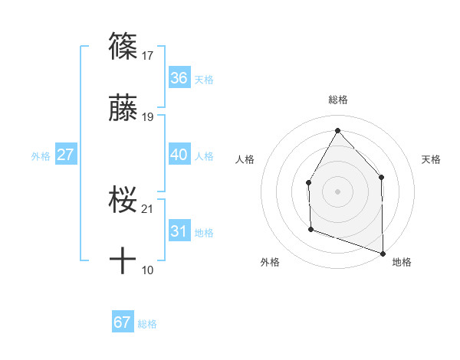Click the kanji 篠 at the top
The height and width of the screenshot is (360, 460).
tap(123, 47)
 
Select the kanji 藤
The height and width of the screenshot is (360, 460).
tap(123, 109)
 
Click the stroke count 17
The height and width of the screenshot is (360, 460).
tap(148, 56)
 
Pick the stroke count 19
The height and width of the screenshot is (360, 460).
tap(148, 117)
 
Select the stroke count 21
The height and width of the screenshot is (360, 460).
tap(148, 209)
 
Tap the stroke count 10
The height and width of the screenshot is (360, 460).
tap(148, 270)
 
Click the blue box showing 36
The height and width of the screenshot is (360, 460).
tap(179, 78)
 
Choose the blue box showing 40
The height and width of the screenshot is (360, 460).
tap(179, 155)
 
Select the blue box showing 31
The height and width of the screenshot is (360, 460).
tap(179, 231)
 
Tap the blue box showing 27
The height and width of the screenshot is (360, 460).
tap(65, 155)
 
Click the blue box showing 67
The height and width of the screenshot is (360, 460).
tap(123, 322)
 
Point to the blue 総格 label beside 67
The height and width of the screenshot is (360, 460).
tap(147, 324)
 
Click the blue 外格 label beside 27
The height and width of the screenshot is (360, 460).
tap(41, 156)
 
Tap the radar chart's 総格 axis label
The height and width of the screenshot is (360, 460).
tap(337, 100)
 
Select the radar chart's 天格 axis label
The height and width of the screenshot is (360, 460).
tap(432, 159)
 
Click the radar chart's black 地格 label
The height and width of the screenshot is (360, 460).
tap(402, 262)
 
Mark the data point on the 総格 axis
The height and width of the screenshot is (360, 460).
tap(337, 129)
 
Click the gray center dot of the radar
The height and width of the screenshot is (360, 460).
tap(337, 191)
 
